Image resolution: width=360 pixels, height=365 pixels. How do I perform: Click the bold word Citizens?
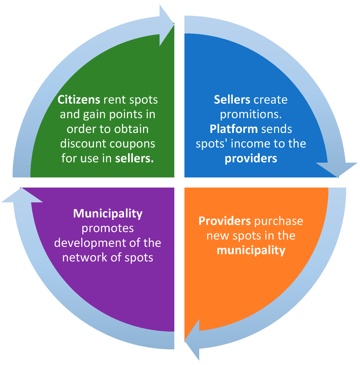pyautogui.click(x=79, y=100)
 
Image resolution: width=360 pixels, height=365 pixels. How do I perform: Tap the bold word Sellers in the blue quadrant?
pyautogui.click(x=232, y=100)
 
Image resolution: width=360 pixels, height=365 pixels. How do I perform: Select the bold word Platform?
pyautogui.click(x=233, y=129)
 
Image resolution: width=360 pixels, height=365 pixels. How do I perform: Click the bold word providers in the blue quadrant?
pyautogui.click(x=251, y=159)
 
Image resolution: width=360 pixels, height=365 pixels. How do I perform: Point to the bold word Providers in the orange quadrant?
pyautogui.click(x=225, y=221)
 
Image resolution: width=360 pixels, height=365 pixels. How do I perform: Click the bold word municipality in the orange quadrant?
pyautogui.click(x=251, y=250)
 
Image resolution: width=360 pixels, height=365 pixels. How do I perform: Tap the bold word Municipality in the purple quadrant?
pyautogui.click(x=108, y=213)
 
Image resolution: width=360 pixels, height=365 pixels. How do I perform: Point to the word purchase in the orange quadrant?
pyautogui.click(x=278, y=221)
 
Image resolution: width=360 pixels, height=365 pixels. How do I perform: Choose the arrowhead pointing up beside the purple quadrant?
pyautogui.click(x=22, y=196)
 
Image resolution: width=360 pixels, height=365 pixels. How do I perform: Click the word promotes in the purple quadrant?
pyautogui.click(x=108, y=228)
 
